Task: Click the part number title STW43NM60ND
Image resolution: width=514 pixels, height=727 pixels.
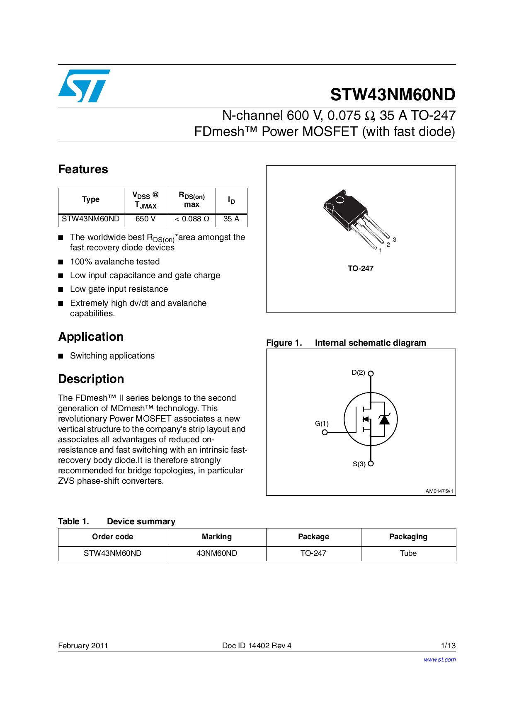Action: tap(393, 95)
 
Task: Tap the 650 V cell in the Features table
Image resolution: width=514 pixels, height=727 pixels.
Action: tap(145, 219)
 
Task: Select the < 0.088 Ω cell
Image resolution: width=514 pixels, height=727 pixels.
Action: tap(192, 219)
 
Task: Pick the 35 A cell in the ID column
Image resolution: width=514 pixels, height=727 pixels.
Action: tap(231, 219)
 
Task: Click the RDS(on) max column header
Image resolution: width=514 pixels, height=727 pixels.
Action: tap(192, 200)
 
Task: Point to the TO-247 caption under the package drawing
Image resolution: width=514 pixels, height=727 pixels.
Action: tap(361, 269)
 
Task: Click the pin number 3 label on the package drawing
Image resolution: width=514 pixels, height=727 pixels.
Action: tap(395, 240)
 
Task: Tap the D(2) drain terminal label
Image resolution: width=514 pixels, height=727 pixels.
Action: tap(358, 373)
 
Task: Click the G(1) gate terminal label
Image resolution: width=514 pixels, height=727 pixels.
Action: tap(322, 423)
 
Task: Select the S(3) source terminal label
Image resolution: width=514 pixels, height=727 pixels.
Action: tap(359, 464)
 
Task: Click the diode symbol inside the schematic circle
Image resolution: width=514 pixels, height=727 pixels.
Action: tap(384, 419)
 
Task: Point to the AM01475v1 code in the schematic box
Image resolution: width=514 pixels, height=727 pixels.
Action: tap(439, 491)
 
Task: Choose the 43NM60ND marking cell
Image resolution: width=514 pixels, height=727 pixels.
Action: tap(217, 553)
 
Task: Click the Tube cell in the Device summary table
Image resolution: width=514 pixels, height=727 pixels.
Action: tap(408, 553)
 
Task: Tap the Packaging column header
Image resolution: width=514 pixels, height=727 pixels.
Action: tap(408, 537)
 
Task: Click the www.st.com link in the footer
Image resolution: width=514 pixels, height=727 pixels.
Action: tap(439, 659)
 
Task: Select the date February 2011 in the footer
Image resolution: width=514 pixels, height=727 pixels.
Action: tap(83, 646)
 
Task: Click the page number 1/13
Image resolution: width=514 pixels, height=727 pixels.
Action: tap(448, 646)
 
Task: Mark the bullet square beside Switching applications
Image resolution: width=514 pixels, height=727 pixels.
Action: tap(61, 356)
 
